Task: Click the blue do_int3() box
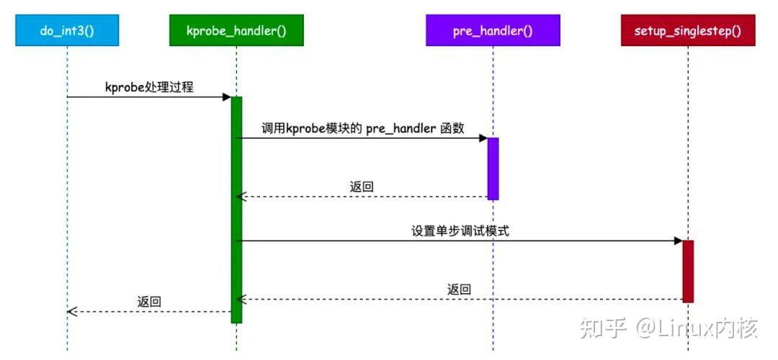[x=67, y=31]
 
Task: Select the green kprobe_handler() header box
[x=236, y=31]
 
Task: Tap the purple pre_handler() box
[x=493, y=31]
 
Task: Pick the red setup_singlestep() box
[x=688, y=31]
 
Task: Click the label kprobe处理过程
[x=149, y=87]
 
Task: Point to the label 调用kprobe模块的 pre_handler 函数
[x=362, y=128]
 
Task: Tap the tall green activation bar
[x=236, y=209]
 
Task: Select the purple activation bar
[x=493, y=168]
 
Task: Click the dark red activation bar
[x=688, y=271]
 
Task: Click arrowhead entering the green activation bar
[x=226, y=97]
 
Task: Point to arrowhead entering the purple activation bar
[x=483, y=138]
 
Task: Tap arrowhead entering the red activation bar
[x=678, y=241]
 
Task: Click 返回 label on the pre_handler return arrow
[x=362, y=186]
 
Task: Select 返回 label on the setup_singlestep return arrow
[x=459, y=289]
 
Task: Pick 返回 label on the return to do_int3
[x=149, y=302]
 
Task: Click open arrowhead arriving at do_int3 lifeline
[x=71, y=312]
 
